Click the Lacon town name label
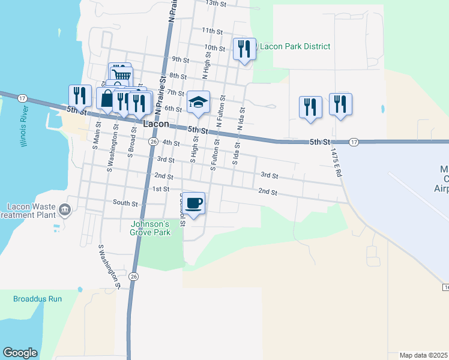click(x=155, y=124)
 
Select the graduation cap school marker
click(x=197, y=102)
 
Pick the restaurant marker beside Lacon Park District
click(x=243, y=49)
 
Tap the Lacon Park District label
click(x=295, y=46)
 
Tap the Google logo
click(x=20, y=353)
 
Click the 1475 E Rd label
click(x=335, y=162)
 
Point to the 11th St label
click(x=212, y=31)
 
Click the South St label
click(x=125, y=203)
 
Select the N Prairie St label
click(x=171, y=12)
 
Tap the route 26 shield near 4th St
click(x=153, y=142)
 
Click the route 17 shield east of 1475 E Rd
click(x=354, y=142)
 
